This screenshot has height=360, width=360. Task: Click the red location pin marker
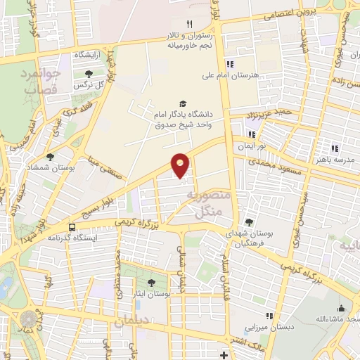pyautogui.click(x=181, y=165)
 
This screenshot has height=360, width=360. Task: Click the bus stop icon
pyautogui.click(x=72, y=227)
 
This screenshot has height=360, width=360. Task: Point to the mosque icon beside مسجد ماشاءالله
pyautogui.click(x=342, y=308)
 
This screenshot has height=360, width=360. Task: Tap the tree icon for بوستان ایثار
pyautogui.click(x=151, y=283)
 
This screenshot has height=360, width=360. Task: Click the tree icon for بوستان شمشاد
pyautogui.click(x=50, y=157)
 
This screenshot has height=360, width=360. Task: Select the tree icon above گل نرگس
pyautogui.click(x=88, y=74)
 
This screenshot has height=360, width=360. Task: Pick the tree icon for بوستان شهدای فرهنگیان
pyautogui.click(x=250, y=223)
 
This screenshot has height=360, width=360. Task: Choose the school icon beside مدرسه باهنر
pyautogui.click(x=335, y=148)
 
